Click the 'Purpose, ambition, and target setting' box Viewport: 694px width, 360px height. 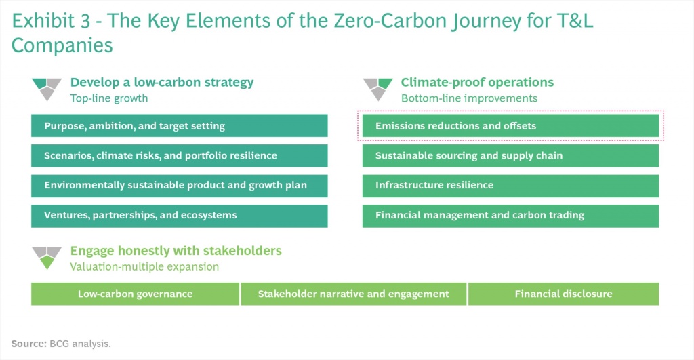(179, 125)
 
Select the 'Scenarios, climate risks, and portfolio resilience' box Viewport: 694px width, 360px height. (179, 155)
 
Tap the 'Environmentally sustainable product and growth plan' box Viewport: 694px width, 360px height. (179, 186)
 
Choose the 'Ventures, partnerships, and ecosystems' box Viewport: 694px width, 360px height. (179, 216)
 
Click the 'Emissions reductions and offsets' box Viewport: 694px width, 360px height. (510, 125)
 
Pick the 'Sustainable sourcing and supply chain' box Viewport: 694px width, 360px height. (510, 155)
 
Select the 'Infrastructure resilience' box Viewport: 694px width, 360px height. (510, 186)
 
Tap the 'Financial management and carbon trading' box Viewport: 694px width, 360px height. (510, 216)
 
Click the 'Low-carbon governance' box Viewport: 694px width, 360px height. (135, 294)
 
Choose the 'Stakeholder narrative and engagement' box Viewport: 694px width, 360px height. (353, 294)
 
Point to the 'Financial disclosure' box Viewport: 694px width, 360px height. (563, 294)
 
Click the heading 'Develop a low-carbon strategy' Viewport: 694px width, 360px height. (162, 82)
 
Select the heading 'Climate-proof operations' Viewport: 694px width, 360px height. (477, 82)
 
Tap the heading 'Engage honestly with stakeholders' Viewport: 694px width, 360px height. (176, 251)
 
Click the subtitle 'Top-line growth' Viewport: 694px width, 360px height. (109, 98)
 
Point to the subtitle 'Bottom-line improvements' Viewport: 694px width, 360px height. (469, 98)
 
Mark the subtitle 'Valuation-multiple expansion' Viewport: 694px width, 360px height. (144, 266)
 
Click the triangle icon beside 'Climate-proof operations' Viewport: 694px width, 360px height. (377, 89)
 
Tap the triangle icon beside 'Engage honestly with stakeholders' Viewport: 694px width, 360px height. (47, 258)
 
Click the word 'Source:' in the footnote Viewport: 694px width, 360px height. (28, 344)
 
